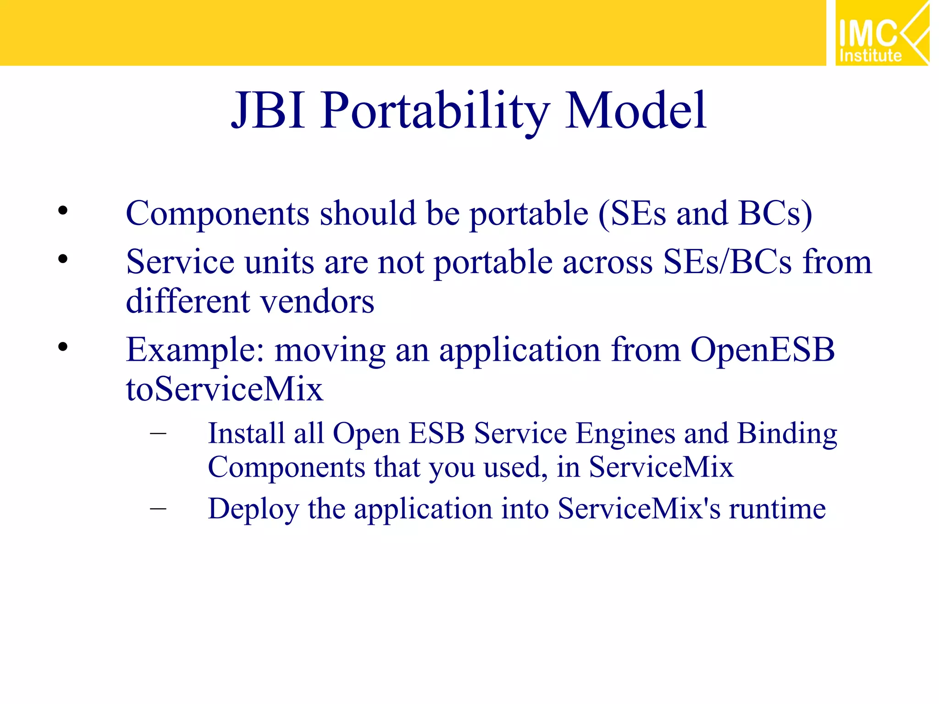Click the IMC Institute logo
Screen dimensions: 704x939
[x=881, y=33]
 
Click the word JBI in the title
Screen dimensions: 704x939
[x=268, y=111]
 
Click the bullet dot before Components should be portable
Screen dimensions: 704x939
[x=63, y=211]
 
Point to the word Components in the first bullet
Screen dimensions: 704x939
[x=217, y=214]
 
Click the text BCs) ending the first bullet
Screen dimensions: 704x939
[x=775, y=214]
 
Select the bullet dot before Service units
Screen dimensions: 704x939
[x=63, y=259]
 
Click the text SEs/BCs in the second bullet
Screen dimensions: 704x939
[x=727, y=262]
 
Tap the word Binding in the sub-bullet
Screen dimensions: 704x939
[x=787, y=434]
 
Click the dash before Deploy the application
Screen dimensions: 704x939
[x=158, y=508]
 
